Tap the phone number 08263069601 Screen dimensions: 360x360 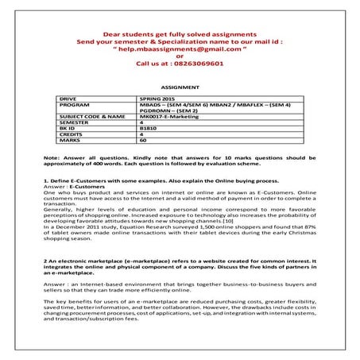click(199, 64)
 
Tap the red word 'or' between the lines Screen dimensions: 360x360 click(180, 56)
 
